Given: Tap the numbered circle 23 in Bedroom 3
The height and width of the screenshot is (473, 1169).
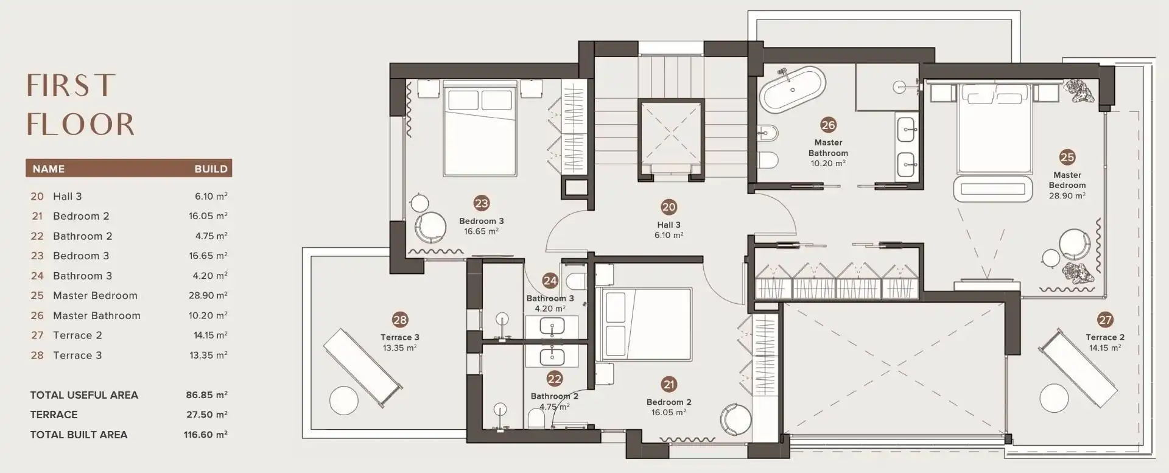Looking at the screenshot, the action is click(482, 203).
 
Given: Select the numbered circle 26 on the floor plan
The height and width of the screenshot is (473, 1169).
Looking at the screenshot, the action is click(828, 125).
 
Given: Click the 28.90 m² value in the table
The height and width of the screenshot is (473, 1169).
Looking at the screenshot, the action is click(208, 295).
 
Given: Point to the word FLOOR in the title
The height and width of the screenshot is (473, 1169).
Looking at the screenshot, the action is click(80, 124).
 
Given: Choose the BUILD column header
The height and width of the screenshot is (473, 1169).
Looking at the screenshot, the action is click(211, 169).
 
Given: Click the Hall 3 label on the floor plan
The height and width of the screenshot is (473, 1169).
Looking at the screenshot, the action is click(669, 225).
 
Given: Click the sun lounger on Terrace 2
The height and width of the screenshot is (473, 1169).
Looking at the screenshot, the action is click(1077, 366).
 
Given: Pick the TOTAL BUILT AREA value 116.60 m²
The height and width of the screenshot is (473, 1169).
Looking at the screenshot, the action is click(205, 435).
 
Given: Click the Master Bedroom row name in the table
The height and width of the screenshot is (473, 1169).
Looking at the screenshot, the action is click(95, 295).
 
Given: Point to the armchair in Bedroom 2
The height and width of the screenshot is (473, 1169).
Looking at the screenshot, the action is click(732, 418).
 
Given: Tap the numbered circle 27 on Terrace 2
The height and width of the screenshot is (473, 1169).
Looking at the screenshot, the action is click(1105, 320).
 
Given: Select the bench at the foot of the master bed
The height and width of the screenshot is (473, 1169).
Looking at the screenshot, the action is click(993, 188).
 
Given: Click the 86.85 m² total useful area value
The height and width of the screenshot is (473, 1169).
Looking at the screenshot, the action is click(206, 394).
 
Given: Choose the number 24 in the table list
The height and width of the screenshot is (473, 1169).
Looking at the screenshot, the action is click(37, 276).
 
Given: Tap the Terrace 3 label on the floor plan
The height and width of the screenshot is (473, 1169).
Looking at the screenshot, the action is click(400, 337).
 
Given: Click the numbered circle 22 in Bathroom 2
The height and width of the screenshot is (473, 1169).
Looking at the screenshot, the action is click(554, 379).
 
